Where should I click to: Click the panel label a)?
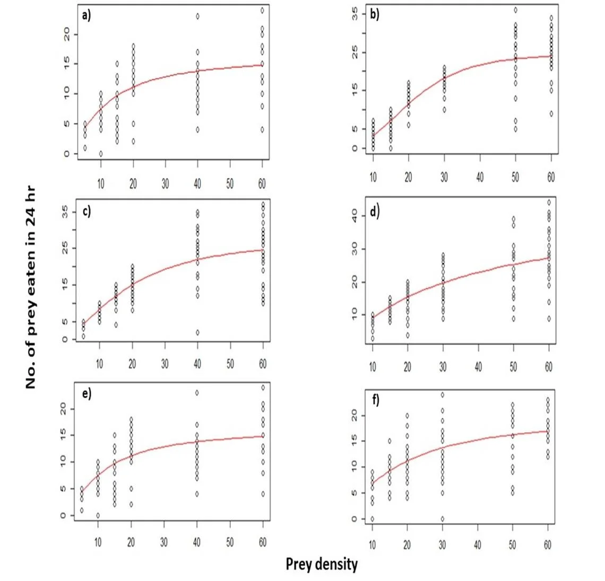coord(86,15)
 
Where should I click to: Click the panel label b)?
coord(375,14)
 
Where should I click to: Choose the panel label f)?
coord(375,401)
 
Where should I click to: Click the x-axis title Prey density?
coord(322,564)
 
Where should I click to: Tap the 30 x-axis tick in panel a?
coord(166,183)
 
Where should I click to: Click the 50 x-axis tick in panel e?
coord(230,542)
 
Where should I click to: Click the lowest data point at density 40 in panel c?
coord(197,332)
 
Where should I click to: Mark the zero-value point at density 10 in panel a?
coord(101,154)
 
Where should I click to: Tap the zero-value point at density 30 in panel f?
coord(442,518)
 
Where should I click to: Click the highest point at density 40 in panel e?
coord(197,393)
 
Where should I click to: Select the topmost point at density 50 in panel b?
coord(515,10)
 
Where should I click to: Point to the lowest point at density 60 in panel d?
coord(549,319)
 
